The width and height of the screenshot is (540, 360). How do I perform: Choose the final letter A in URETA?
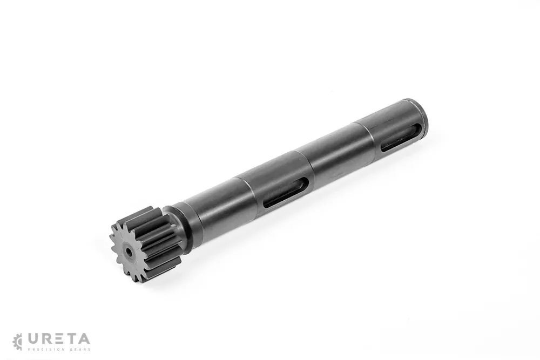(84, 339)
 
